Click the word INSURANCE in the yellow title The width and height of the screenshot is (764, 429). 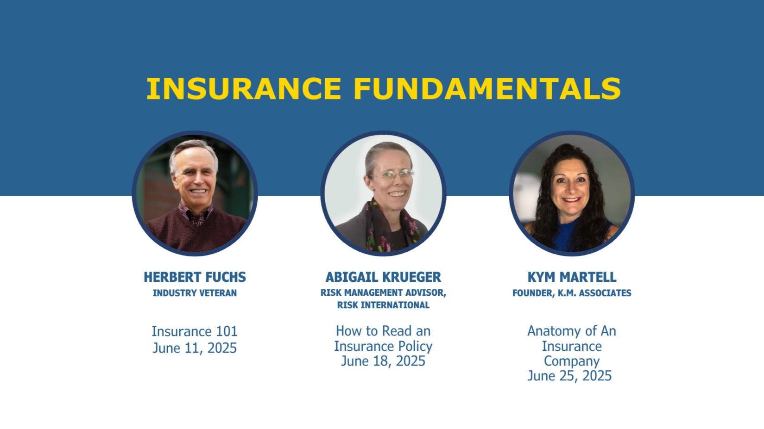pos(244,88)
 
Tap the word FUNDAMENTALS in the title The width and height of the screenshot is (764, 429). pos(487,88)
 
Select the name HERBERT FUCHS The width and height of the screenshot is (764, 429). pos(195,277)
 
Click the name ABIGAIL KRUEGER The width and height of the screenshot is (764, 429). pos(383,277)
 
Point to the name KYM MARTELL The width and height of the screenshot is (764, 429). pos(572,277)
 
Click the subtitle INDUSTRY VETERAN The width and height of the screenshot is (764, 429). pos(195,293)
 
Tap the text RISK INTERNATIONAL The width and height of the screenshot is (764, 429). pos(383,305)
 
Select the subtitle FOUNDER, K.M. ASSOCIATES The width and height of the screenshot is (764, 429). pos(572,293)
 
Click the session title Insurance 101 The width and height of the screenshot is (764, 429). pos(195,331)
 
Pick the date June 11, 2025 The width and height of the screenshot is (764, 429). pos(195,348)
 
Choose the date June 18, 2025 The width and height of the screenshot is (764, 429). pos(383,361)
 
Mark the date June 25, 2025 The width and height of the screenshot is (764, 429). pos(569,376)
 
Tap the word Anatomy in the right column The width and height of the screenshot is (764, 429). pos(549,331)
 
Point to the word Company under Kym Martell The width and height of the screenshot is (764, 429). pos(572,361)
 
